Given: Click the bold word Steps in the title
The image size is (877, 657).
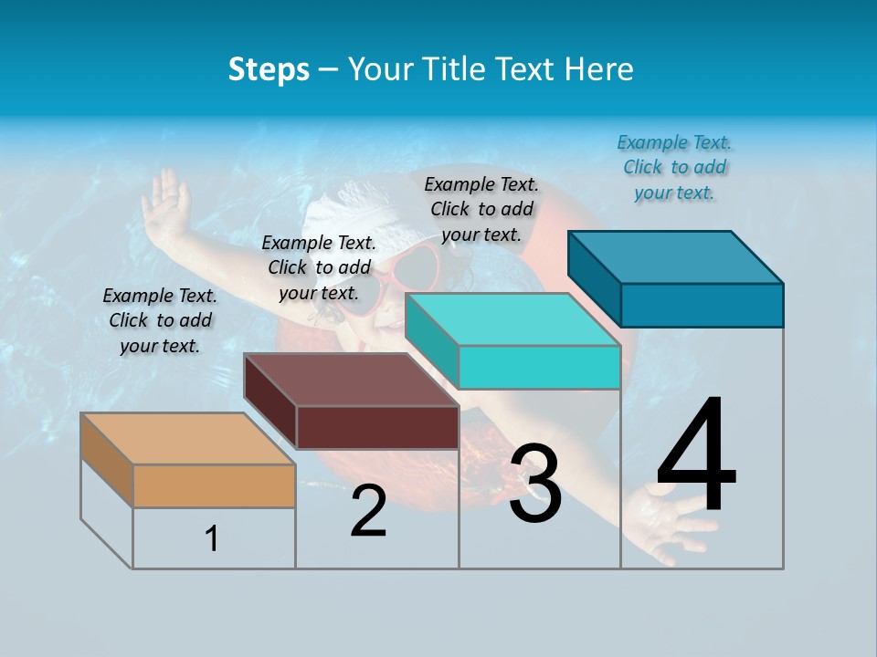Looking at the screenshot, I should (x=269, y=69).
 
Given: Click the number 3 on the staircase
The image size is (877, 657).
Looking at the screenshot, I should (x=535, y=484).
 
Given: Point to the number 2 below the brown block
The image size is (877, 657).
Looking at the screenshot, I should (x=368, y=511).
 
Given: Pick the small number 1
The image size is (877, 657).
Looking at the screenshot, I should (x=212, y=538).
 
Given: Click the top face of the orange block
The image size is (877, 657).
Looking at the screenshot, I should (x=187, y=438).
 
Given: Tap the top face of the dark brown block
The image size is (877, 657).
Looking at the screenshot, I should (x=351, y=379).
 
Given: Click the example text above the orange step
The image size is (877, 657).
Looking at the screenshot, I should (x=160, y=320).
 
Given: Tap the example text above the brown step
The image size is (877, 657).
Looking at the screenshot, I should (x=319, y=267).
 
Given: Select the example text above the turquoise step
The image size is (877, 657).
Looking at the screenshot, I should (x=481, y=209).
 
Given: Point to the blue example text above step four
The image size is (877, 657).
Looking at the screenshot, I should (x=674, y=167).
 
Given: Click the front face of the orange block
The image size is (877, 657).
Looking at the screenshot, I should (x=214, y=485).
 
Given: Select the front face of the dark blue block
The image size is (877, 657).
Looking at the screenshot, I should (x=702, y=305).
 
